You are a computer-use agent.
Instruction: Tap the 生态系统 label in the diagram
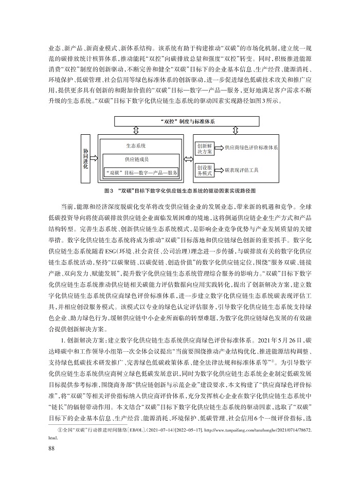point(136,145)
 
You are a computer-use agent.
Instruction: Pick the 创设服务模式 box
point(205,170)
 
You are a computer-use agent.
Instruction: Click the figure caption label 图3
point(108,190)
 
